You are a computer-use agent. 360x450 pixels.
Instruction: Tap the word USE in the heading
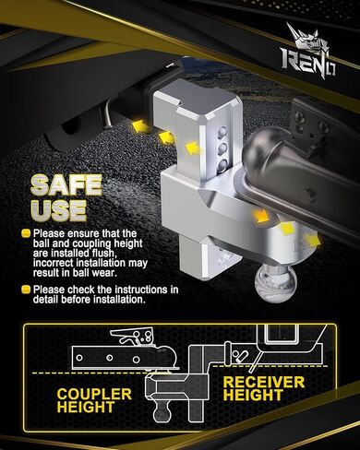pos(58,210)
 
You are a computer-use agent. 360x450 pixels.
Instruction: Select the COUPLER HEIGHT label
pos(94,400)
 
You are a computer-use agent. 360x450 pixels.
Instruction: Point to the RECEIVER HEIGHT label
pos(264,388)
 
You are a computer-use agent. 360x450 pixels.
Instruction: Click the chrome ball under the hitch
pos(271,282)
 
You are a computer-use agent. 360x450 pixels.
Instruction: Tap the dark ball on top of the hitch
pos(260,148)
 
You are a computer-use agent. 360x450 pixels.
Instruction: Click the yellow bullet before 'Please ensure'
pos(26,233)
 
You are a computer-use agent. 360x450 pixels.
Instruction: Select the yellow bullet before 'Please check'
pos(26,290)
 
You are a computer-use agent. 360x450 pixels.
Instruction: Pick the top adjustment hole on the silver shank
pos(221,133)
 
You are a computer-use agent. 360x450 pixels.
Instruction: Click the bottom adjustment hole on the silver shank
pos(222,166)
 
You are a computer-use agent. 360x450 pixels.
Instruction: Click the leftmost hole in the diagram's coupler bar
pos(79,358)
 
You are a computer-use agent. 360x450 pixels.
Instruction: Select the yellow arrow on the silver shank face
pos(193,148)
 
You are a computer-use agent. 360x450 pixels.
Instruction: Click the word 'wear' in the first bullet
pos(106,273)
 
